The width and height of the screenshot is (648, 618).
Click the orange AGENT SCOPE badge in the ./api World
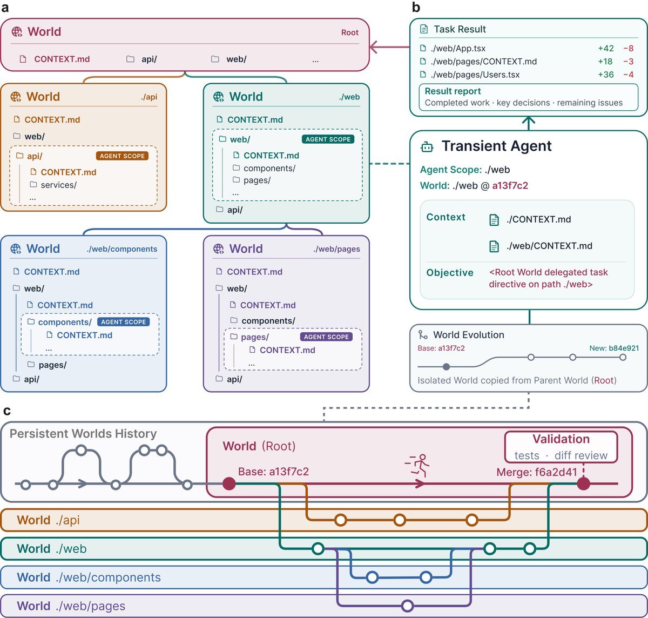pos(122,156)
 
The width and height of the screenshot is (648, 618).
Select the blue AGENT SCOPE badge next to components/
pos(123,322)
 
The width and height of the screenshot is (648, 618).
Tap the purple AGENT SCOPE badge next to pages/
pos(326,337)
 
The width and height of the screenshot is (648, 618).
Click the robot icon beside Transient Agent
pos(427,147)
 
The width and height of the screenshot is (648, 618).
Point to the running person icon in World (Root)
pos(417,465)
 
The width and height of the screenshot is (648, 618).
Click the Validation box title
pos(561,439)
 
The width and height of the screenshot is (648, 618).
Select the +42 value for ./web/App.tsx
pos(606,49)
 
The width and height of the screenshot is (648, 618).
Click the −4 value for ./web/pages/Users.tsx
pos(629,75)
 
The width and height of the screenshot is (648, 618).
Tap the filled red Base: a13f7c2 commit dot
pos(229,484)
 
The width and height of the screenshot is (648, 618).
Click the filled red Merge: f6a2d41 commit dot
pos(583,484)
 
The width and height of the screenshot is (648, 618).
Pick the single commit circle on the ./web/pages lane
pos(407,606)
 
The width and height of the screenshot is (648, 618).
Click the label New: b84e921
pos(614,348)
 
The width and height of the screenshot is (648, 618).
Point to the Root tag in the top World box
pos(350,32)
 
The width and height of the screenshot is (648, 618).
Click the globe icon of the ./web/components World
pos(16,248)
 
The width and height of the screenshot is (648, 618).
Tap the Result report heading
pos(453,91)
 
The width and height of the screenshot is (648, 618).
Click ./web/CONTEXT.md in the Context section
pos(549,246)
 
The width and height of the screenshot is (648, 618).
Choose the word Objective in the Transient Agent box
pos(450,273)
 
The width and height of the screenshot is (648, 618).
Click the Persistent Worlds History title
pos(83,434)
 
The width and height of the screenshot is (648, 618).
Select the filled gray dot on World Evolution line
pos(446,366)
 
